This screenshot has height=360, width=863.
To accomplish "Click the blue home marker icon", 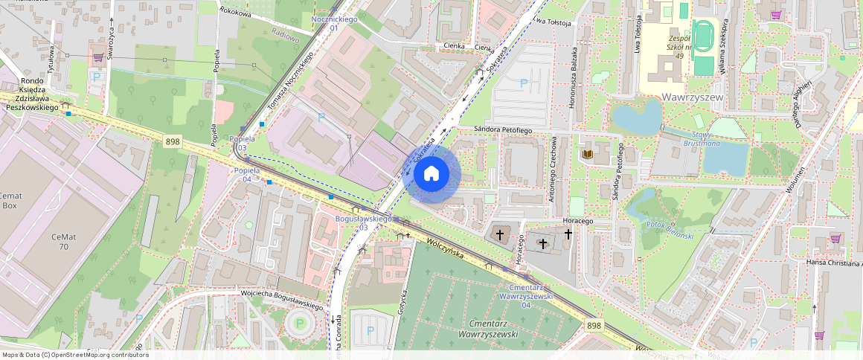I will [x=431, y=174].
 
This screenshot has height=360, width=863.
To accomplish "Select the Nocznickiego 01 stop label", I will [x=334, y=23].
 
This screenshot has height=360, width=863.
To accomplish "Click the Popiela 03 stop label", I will [x=243, y=144].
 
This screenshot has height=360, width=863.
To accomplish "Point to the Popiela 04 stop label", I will [x=247, y=175].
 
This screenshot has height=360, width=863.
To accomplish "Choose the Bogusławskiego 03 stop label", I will [x=364, y=223].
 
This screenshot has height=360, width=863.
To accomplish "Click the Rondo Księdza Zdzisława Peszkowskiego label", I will [x=32, y=94].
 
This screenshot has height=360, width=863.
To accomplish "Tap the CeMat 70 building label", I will [x=64, y=241].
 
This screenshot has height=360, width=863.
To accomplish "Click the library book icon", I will [x=588, y=155].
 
